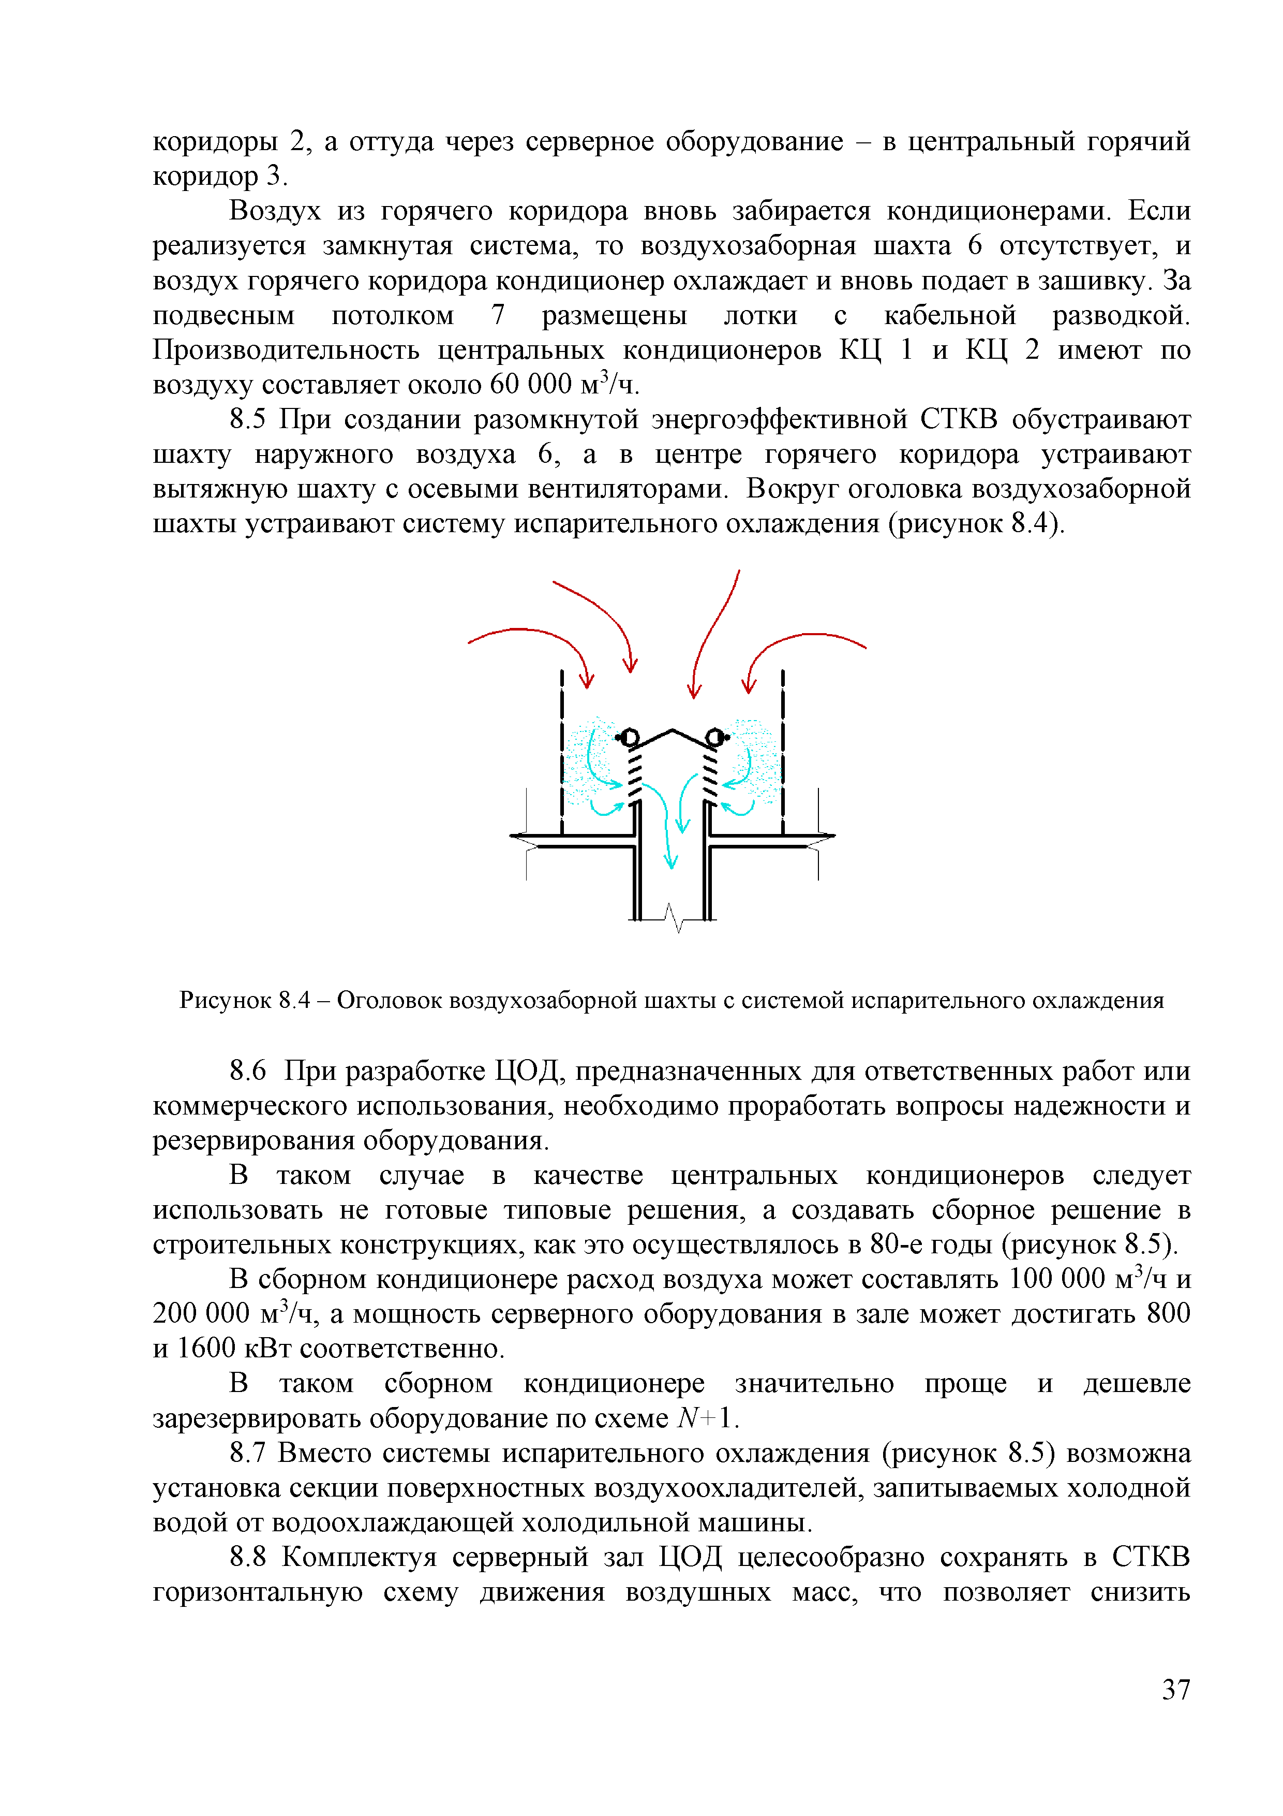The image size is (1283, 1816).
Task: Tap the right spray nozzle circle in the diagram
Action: (714, 737)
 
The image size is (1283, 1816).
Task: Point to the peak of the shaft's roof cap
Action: (672, 729)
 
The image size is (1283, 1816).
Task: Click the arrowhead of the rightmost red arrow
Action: (749, 685)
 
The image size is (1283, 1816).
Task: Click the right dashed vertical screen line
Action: (783, 751)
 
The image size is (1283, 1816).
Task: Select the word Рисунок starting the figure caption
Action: (225, 1001)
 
